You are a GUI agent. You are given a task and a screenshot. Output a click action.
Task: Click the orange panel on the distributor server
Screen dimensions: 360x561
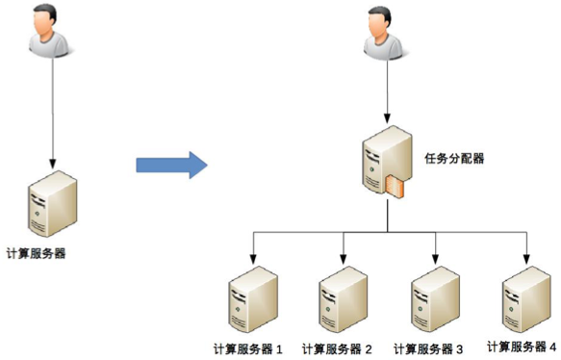click(x=395, y=186)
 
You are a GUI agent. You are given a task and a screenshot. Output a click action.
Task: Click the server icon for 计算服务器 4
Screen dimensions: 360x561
click(x=525, y=297)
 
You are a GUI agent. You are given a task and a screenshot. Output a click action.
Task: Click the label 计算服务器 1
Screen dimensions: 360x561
click(x=247, y=347)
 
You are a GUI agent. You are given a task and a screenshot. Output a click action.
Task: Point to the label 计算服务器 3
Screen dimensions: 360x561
click(x=428, y=347)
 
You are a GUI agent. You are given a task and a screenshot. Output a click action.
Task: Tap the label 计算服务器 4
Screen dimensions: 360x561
click(x=522, y=345)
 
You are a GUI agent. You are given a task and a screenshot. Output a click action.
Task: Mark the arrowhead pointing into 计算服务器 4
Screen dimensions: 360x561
click(x=525, y=260)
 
